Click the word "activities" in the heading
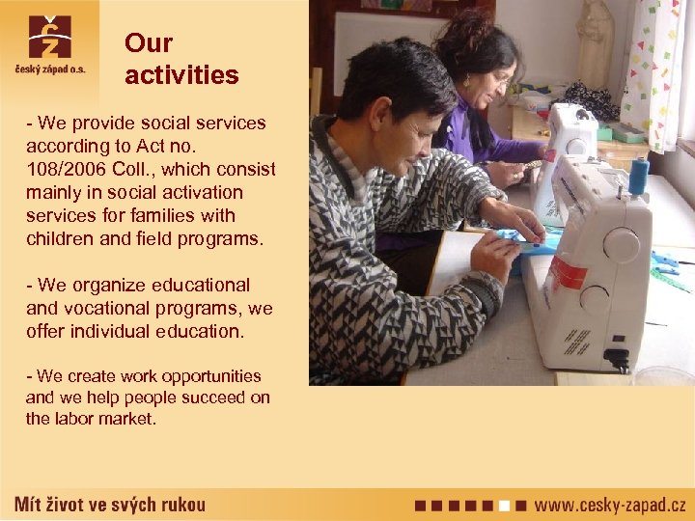[181, 75]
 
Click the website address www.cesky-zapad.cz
[610, 505]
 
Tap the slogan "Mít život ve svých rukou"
[110, 505]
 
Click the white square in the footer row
[505, 505]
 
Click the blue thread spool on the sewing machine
[638, 178]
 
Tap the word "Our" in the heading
[149, 43]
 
